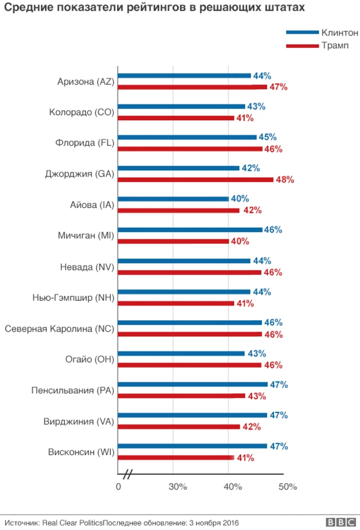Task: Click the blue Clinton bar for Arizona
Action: [x=184, y=76]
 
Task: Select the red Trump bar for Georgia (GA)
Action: [x=195, y=180]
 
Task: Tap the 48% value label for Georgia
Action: [x=285, y=180]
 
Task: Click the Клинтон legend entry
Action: [x=339, y=33]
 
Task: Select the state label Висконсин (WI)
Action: [x=81, y=452]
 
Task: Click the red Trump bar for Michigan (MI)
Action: [x=173, y=242]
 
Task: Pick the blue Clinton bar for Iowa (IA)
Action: [x=173, y=199]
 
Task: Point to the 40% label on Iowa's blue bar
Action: [x=240, y=199]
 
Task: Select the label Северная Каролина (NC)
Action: [x=60, y=328]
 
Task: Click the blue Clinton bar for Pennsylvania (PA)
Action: [x=192, y=384]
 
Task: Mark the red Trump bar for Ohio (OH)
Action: [x=190, y=365]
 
